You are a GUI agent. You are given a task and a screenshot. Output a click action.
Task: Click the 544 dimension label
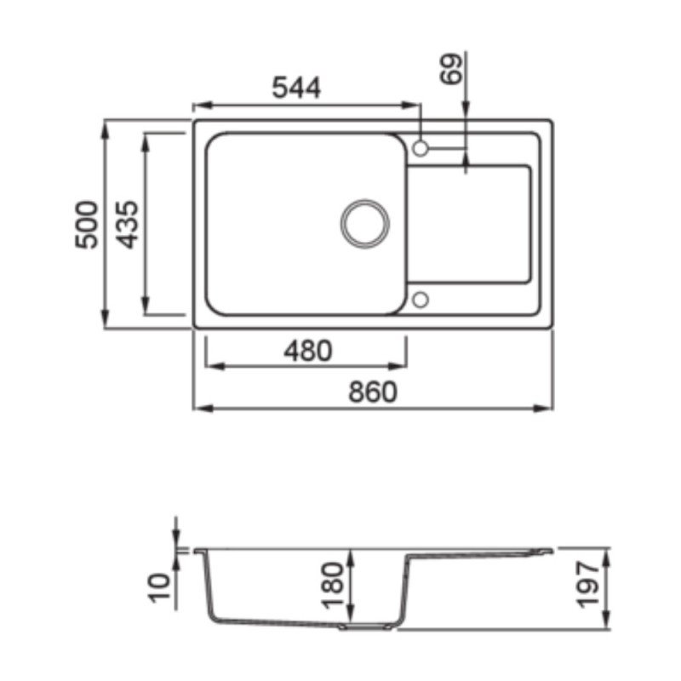(296, 88)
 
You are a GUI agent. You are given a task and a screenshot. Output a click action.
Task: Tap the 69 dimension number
(452, 69)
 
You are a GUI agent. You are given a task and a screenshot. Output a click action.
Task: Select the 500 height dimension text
(87, 225)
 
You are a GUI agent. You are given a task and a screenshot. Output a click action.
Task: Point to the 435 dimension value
(128, 225)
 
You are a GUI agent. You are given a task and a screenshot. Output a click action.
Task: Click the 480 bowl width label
(308, 351)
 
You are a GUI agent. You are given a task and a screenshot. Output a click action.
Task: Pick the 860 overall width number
(373, 392)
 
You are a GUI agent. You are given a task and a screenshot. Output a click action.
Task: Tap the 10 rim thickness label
(160, 587)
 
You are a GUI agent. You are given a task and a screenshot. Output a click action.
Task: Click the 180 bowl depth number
(332, 586)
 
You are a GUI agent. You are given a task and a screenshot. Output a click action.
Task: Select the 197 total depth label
(587, 584)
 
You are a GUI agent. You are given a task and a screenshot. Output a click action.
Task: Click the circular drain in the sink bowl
(365, 224)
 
